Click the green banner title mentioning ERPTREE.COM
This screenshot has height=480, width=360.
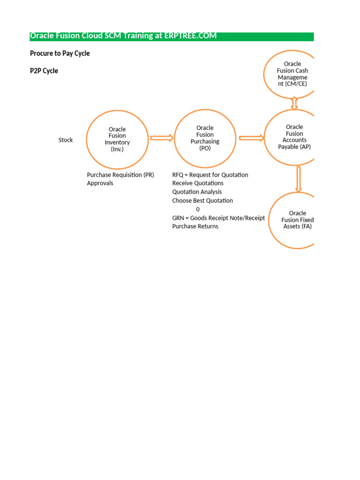(x=123, y=36)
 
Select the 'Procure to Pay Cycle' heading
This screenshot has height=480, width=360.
(x=60, y=53)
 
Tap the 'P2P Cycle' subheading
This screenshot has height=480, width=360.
(x=44, y=71)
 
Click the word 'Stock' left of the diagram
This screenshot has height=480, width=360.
(x=66, y=140)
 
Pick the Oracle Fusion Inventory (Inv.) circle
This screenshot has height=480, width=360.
(x=117, y=139)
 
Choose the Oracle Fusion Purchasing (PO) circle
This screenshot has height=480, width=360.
(x=205, y=138)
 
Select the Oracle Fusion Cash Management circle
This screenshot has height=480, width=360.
(x=292, y=74)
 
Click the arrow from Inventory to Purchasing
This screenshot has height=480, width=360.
(x=162, y=138)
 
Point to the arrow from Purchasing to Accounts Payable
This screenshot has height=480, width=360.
(x=252, y=138)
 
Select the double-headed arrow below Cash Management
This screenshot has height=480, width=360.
(x=294, y=103)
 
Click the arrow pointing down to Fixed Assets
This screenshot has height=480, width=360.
(x=299, y=179)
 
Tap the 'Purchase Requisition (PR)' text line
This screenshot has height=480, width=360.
(x=120, y=175)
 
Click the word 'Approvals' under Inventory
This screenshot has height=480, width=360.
(x=100, y=183)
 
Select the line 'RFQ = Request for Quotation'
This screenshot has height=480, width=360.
(x=210, y=175)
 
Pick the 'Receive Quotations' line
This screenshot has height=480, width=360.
(x=198, y=183)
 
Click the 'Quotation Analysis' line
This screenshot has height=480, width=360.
(x=197, y=192)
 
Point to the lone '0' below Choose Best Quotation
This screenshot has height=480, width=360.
(x=198, y=209)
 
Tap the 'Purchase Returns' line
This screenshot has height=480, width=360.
(x=195, y=226)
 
